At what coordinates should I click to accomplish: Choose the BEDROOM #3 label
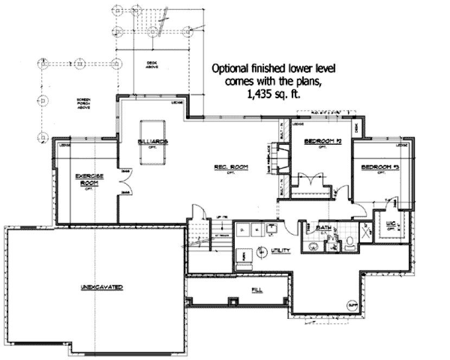(x=380, y=167)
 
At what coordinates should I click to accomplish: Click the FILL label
(x=257, y=290)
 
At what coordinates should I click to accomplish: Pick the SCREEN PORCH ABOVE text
(x=83, y=103)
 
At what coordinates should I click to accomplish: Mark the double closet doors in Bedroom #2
(x=310, y=179)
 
